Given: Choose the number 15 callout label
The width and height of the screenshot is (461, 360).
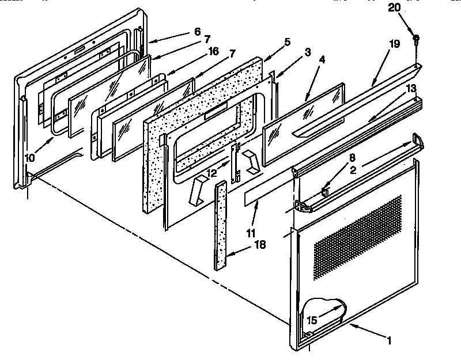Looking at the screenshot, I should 312,320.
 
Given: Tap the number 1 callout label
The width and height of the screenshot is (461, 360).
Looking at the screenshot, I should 390,341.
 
